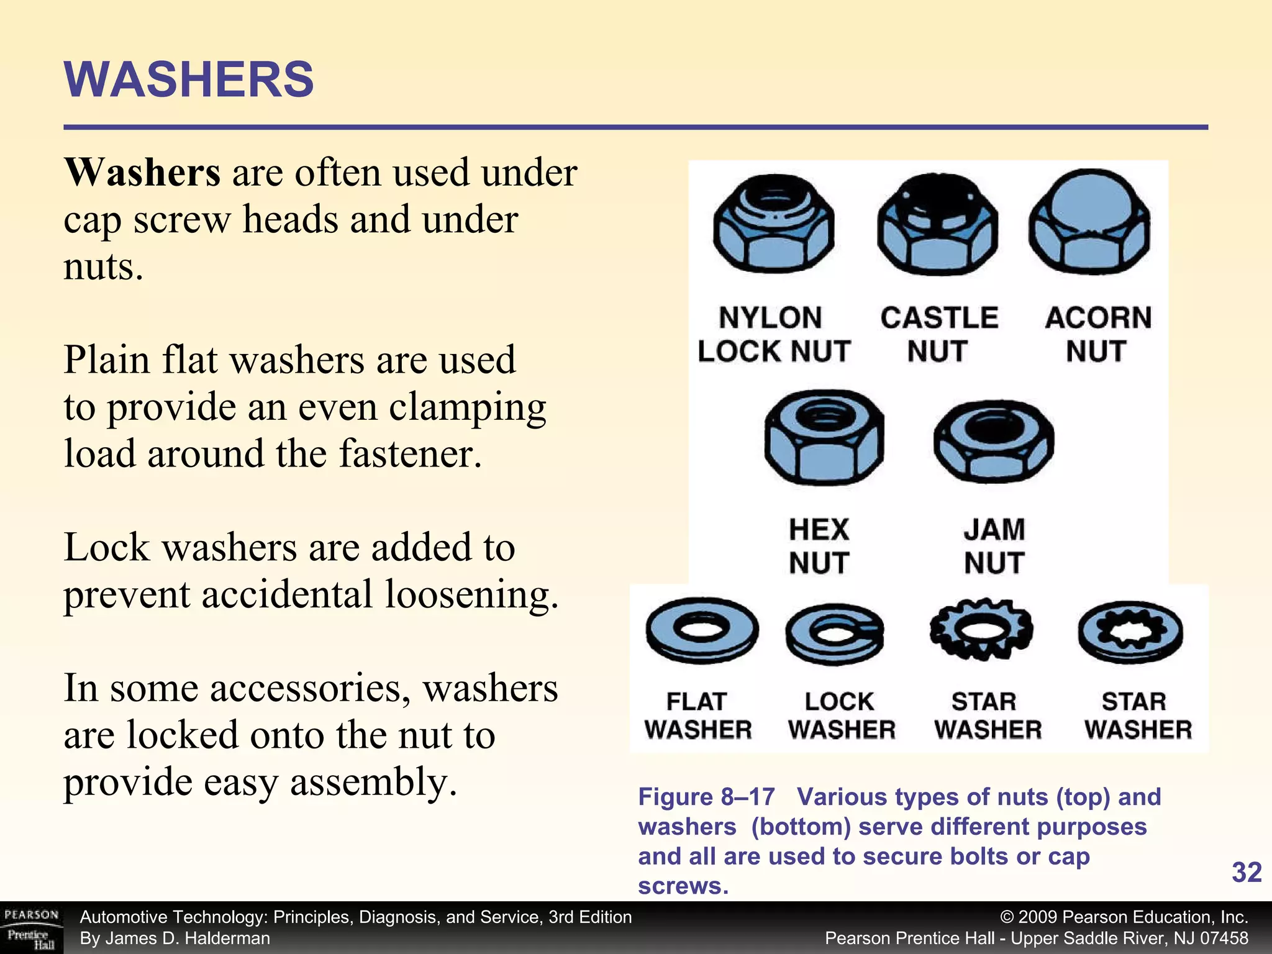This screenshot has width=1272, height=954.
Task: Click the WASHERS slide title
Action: click(x=189, y=79)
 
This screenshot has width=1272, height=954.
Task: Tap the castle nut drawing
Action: click(x=937, y=225)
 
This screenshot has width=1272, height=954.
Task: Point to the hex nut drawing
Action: click(x=824, y=438)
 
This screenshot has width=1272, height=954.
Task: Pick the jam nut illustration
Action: click(x=994, y=441)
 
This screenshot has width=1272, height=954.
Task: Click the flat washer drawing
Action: click(x=701, y=631)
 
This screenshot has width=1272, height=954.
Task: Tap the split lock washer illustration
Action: click(x=835, y=634)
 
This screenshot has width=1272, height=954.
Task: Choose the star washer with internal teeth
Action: click(x=1130, y=632)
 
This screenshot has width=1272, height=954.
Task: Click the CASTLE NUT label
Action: click(x=938, y=334)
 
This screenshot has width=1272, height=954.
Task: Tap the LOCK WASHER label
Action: click(x=841, y=715)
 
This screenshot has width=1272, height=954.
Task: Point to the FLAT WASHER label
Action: click(x=698, y=715)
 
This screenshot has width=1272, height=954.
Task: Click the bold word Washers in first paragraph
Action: click(x=142, y=173)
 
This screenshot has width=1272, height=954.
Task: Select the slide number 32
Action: click(x=1246, y=872)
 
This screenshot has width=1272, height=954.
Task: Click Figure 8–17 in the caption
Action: click(x=706, y=797)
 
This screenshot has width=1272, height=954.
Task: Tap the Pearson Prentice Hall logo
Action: click(x=31, y=928)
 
